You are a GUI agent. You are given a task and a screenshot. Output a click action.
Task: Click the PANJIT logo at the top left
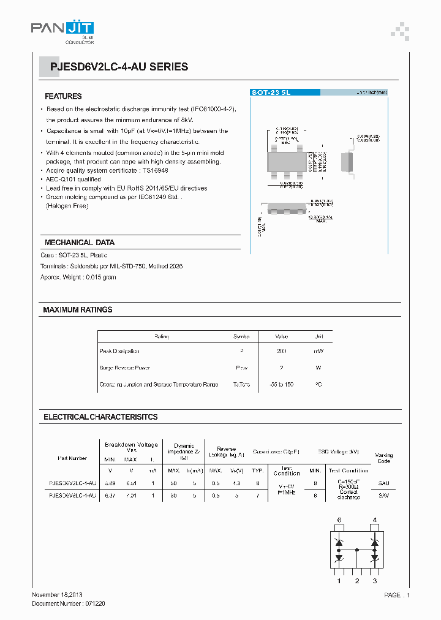pyautogui.click(x=62, y=29)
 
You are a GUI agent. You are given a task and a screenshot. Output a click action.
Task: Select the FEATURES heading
pyautogui.click(x=63, y=97)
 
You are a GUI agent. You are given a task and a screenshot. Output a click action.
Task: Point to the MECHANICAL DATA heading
pyautogui.click(x=79, y=243)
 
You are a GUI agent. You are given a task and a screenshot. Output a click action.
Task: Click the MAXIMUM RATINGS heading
pyautogui.click(x=78, y=310)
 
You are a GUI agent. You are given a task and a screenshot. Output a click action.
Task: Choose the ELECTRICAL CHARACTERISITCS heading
pyautogui.click(x=100, y=417)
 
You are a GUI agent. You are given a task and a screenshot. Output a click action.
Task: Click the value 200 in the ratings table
pyautogui.click(x=281, y=351)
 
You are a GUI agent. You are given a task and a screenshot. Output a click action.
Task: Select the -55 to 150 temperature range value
pyautogui.click(x=281, y=385)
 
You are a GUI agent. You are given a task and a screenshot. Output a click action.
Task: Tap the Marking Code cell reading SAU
pyautogui.click(x=384, y=483)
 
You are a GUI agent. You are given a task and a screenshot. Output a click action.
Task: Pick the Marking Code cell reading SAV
pyautogui.click(x=384, y=495)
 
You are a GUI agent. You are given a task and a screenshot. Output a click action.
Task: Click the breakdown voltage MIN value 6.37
pyautogui.click(x=110, y=495)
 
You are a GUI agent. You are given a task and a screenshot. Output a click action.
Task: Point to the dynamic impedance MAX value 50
pyautogui.click(x=174, y=483)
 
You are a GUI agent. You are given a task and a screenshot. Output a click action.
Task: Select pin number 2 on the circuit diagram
pyautogui.click(x=356, y=580)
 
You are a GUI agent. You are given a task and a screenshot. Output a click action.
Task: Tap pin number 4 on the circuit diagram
pyautogui.click(x=375, y=520)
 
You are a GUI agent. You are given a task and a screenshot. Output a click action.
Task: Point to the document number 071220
pyautogui.click(x=94, y=603)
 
